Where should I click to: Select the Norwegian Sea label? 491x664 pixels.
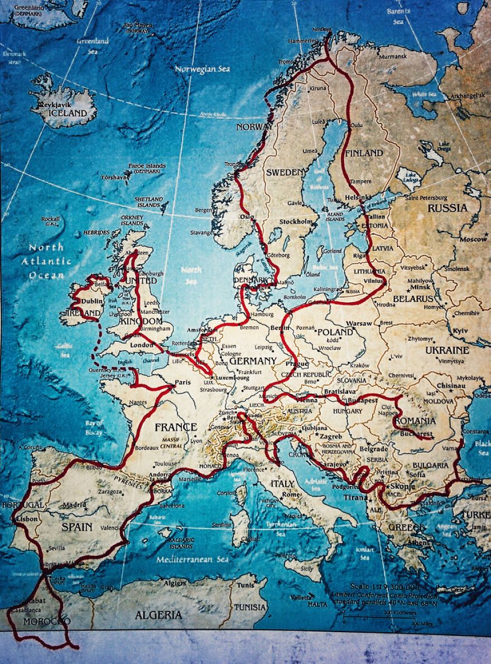(202, 69)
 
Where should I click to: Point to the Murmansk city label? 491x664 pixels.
(389, 56)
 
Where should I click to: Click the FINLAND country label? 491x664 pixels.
(364, 153)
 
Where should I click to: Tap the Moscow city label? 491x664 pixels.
(473, 239)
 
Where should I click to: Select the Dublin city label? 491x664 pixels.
(92, 301)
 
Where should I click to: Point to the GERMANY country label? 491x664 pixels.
(253, 361)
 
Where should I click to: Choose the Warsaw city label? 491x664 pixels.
(359, 323)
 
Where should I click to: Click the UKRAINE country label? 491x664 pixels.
(447, 350)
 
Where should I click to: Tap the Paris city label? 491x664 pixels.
(183, 382)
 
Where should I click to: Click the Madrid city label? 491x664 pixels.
(74, 505)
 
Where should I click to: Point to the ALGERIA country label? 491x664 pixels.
(158, 615)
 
